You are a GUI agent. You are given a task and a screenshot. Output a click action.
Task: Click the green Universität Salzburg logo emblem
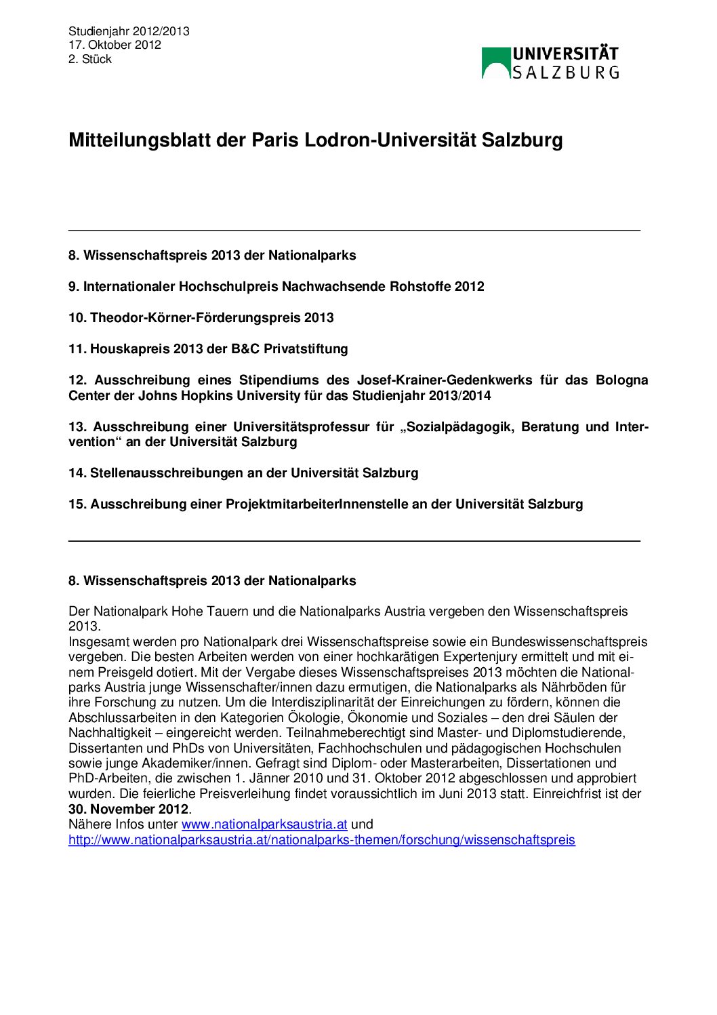[495, 62]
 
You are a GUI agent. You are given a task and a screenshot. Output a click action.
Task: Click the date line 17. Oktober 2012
[115, 45]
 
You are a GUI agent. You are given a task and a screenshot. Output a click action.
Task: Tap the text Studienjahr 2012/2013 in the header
[129, 31]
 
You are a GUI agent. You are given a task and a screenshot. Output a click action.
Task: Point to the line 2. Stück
[89, 59]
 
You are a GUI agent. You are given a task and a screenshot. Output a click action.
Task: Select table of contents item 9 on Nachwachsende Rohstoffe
[276, 286]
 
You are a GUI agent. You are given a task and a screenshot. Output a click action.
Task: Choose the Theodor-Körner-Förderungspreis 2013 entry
[201, 317]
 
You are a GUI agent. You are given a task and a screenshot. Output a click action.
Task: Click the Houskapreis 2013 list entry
[207, 349]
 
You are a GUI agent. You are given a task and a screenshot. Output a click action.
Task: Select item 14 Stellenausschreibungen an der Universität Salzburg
[243, 473]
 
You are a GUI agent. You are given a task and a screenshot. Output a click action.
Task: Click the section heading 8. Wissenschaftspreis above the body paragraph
[211, 580]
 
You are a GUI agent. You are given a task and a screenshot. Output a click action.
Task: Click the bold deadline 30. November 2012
[128, 809]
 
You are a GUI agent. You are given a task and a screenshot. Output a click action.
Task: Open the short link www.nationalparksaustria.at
[264, 824]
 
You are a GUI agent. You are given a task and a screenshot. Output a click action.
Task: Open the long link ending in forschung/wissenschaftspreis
[321, 840]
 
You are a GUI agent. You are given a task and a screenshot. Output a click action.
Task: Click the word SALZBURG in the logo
[565, 72]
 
